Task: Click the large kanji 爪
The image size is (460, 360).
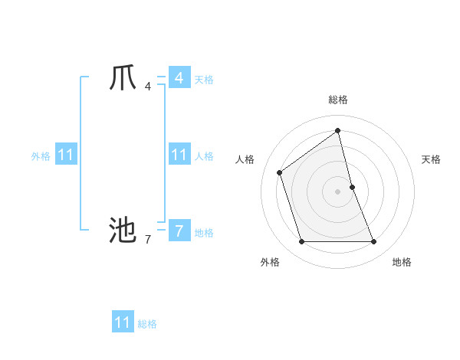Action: point(122,78)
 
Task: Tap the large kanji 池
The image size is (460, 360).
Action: point(122,229)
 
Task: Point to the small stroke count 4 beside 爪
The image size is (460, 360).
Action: point(147,86)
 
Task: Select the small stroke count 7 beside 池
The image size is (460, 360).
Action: point(147,240)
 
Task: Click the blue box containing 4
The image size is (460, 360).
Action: point(179,78)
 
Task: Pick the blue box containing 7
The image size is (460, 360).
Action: point(179,230)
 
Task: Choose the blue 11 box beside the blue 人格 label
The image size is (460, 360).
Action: point(179,155)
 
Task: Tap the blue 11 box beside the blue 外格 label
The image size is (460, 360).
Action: point(66,155)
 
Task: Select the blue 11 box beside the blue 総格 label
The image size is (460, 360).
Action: point(123,322)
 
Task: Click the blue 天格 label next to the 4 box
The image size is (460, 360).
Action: point(204,80)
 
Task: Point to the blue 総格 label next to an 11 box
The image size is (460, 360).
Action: point(147,324)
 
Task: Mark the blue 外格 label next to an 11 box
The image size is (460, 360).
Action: point(41,156)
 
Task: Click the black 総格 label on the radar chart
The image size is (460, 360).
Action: point(338,100)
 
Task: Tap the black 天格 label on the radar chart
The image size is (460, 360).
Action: point(432,159)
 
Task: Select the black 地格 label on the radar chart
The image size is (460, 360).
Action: point(402,262)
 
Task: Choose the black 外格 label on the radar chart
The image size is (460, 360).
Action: point(270,262)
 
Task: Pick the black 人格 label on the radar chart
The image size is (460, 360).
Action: point(245,159)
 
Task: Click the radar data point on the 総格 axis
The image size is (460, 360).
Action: point(338,130)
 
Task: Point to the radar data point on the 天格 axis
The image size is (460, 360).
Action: point(352,186)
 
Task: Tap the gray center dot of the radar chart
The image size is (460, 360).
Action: point(338,191)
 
